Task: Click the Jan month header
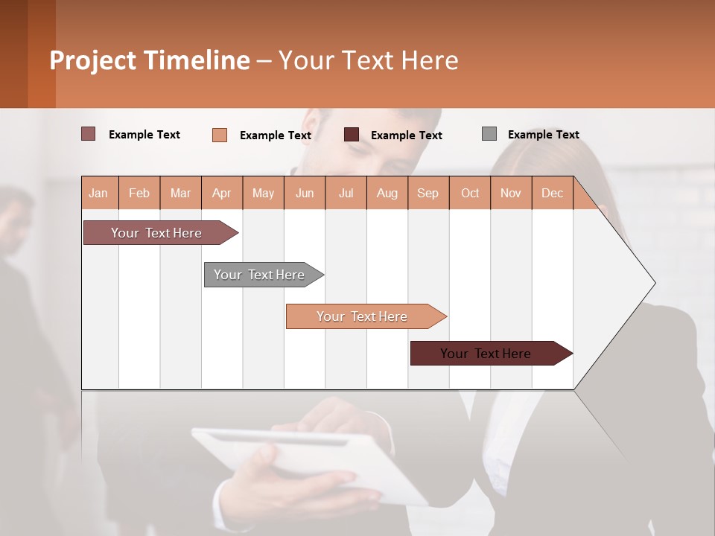pyautogui.click(x=99, y=193)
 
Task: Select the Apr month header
pyautogui.click(x=222, y=193)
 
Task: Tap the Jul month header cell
pyautogui.click(x=346, y=193)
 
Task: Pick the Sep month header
pyautogui.click(x=428, y=193)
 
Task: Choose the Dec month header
pyautogui.click(x=552, y=193)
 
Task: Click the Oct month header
pyautogui.click(x=470, y=193)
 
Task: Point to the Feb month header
pyautogui.click(x=139, y=193)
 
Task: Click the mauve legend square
pyautogui.click(x=89, y=134)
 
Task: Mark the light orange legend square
pyautogui.click(x=220, y=135)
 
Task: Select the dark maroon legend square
pyautogui.click(x=352, y=135)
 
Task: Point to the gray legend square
pyautogui.click(x=489, y=134)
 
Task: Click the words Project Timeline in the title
pyautogui.click(x=150, y=60)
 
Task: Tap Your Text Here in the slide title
pyautogui.click(x=368, y=60)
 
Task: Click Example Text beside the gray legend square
pyautogui.click(x=543, y=135)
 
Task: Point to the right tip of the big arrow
pyautogui.click(x=654, y=283)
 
